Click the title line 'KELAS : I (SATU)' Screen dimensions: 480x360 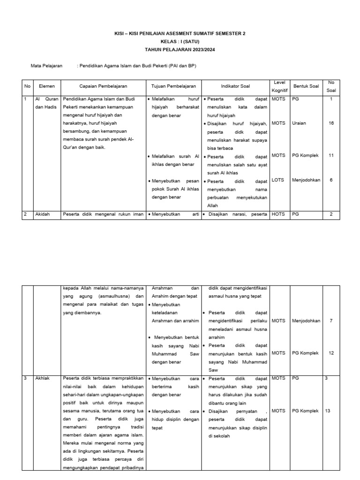[180, 42]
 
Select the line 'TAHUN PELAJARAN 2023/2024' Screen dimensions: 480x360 [180, 50]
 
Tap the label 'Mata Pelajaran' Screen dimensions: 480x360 [46, 66]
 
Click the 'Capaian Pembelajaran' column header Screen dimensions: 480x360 [103, 87]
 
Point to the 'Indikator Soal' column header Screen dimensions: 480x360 [235, 87]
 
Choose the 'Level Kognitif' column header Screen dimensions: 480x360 [279, 87]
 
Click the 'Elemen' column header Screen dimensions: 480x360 [47, 87]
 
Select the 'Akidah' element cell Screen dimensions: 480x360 [43, 214]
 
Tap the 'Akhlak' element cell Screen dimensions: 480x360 [43, 378]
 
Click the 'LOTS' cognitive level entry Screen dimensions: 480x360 [278, 180]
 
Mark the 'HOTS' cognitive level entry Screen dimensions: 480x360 [278, 214]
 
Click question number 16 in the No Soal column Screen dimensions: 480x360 [331, 123]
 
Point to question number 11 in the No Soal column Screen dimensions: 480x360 [331, 155]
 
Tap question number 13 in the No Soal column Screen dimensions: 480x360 [327, 411]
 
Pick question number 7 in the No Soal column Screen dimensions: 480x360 [331, 321]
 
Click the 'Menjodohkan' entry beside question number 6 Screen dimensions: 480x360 [306, 180]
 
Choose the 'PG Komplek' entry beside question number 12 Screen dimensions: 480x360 [305, 353]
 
